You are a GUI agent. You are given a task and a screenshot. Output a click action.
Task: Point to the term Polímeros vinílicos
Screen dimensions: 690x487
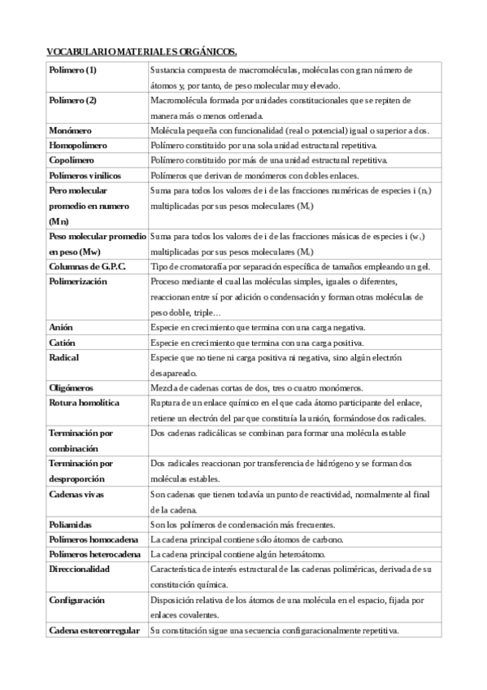tap(89, 175)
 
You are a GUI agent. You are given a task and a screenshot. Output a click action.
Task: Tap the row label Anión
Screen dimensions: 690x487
tap(61, 327)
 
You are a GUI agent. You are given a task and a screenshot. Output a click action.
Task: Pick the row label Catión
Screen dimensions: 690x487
tap(63, 343)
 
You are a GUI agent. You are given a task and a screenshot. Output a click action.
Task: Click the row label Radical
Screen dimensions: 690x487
tap(64, 357)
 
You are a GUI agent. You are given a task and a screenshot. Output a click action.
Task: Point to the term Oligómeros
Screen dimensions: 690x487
tap(72, 388)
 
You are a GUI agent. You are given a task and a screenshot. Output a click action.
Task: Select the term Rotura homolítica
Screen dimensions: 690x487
tap(85, 403)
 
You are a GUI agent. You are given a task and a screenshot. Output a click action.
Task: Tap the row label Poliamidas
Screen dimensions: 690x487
tap(72, 524)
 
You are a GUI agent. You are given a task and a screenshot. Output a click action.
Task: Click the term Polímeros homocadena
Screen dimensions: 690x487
tap(92, 539)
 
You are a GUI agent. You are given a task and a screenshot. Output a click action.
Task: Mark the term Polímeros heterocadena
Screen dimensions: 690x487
tap(94, 554)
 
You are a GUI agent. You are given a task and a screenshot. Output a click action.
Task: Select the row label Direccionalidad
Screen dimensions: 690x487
tap(79, 570)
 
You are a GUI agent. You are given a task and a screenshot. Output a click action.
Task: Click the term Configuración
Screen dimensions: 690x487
tap(76, 600)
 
